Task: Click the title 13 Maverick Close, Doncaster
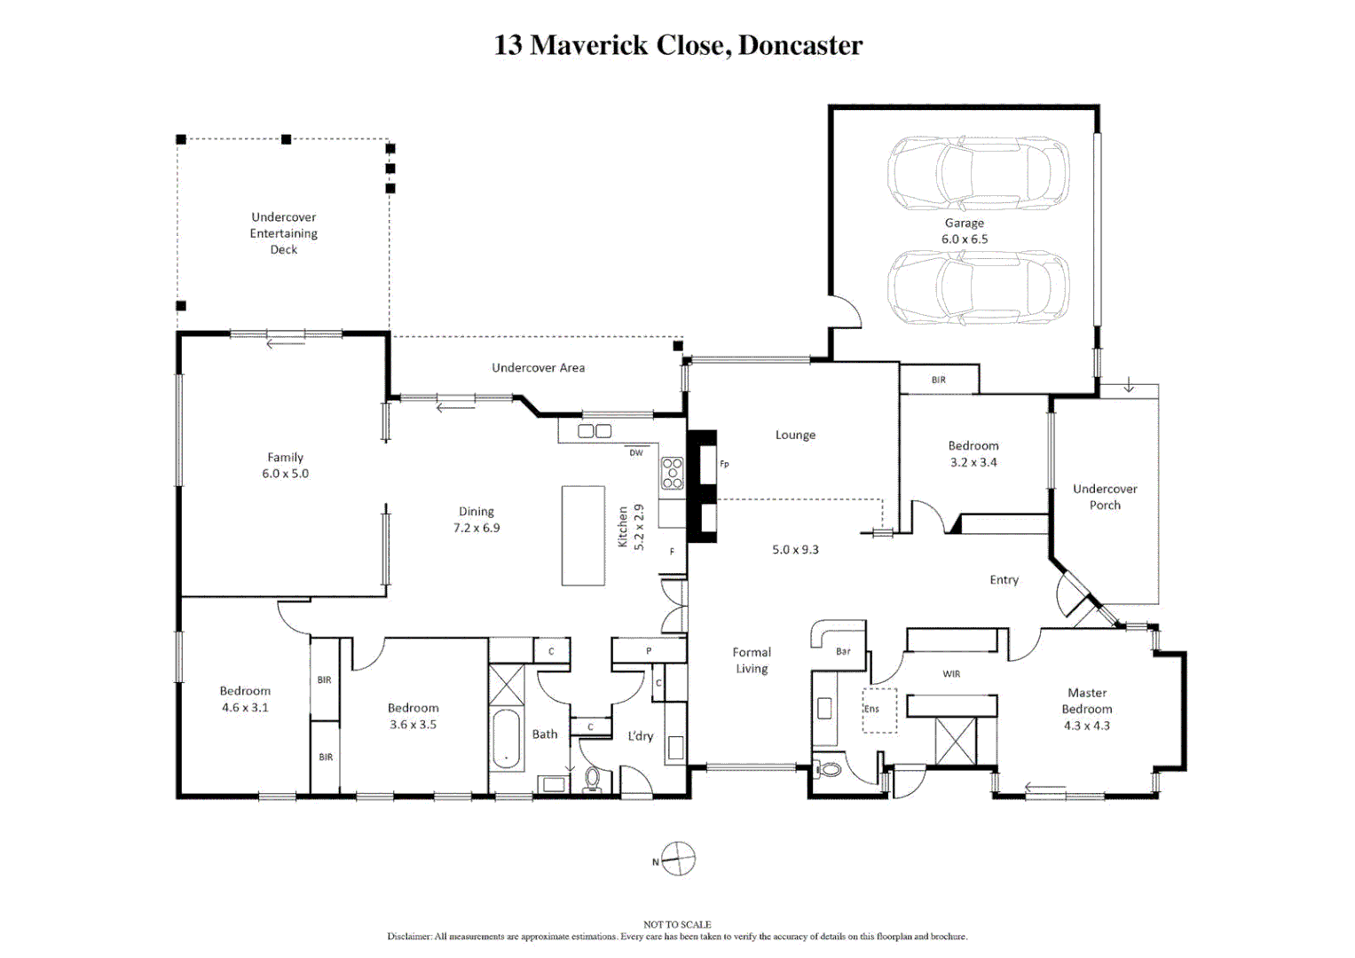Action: coord(678,45)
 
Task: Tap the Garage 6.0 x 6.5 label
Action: coord(965,231)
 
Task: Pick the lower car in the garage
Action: coord(978,287)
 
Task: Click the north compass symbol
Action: coord(678,859)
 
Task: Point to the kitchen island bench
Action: coord(583,535)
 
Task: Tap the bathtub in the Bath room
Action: coord(507,740)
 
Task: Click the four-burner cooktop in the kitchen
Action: coord(672,473)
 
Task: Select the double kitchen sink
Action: coord(594,431)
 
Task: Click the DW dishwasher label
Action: coord(636,452)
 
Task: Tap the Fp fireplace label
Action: coord(724,464)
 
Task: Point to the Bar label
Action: coord(843,651)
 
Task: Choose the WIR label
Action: coord(951,674)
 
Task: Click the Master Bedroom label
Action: coord(1087,709)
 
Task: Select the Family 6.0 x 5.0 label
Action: coord(285,465)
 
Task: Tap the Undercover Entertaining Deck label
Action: coord(284,232)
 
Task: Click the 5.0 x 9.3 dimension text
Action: coord(795,549)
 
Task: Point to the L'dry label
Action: coord(640,736)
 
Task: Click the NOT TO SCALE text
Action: coord(678,924)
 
